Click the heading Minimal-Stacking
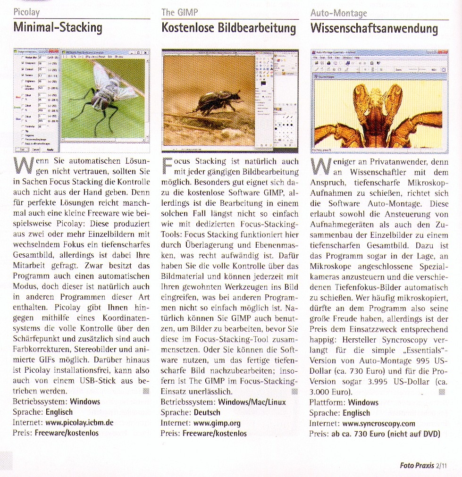coord(58,27)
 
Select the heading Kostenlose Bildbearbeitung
coord(228,28)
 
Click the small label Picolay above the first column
coord(26,12)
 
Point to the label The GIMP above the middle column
coord(179,12)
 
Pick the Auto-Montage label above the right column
coord(338,13)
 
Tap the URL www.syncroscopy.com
coord(375,423)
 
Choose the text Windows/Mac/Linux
coord(252,402)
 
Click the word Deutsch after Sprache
coord(207,412)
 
